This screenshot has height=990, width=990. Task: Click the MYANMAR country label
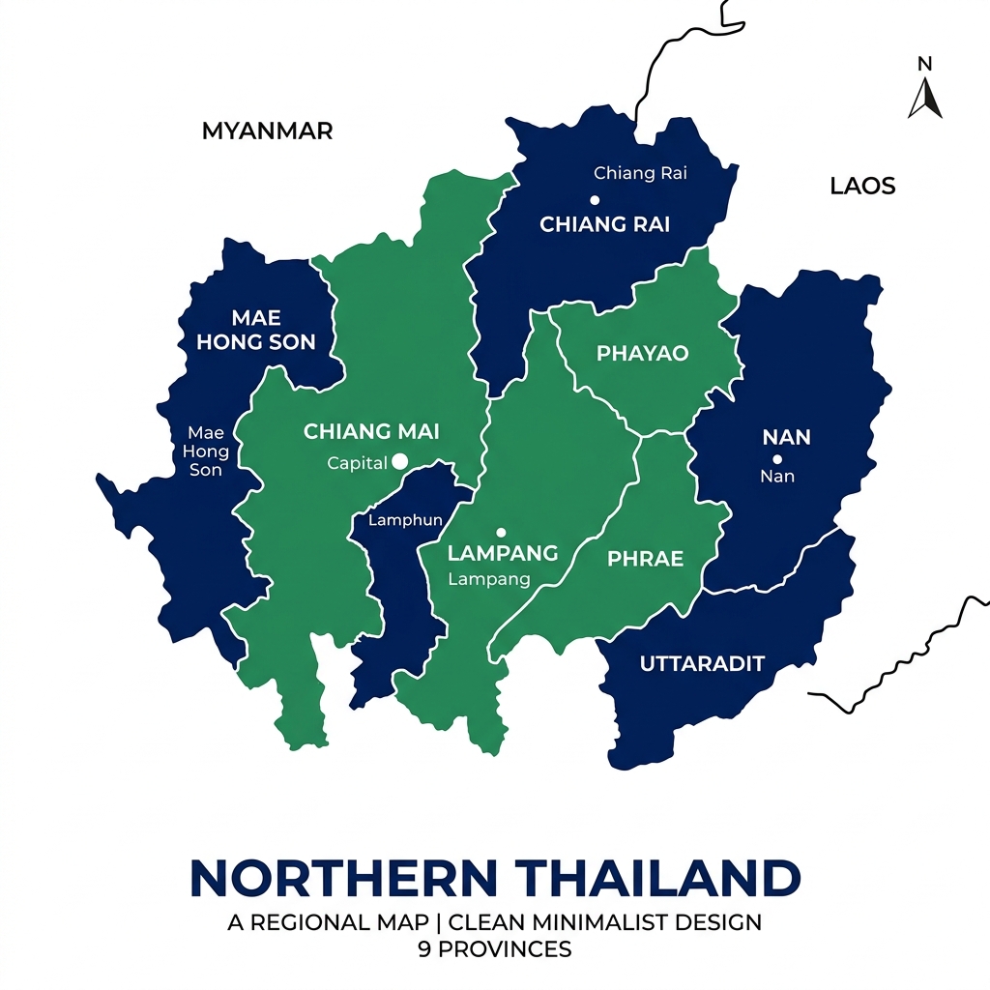pos(267,131)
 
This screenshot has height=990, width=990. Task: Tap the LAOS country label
pos(862,186)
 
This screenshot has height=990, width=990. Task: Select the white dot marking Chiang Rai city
pos(595,200)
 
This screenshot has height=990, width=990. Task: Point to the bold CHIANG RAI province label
pos(604,224)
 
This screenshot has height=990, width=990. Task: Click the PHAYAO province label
pos(642,353)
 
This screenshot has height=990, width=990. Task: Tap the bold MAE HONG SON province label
pos(256,330)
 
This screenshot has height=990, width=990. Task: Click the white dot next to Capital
pos(400,462)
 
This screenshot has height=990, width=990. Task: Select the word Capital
pos(357,463)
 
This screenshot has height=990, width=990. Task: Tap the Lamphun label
pos(405,520)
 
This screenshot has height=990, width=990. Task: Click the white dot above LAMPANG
pos(501,532)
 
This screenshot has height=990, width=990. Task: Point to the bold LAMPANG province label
pos(503,553)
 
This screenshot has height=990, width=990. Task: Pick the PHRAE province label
pos(645,559)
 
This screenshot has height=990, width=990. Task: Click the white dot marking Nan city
pos(776,459)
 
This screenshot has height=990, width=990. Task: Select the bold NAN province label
pos(786,437)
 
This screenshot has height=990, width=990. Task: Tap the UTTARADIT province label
pos(702,663)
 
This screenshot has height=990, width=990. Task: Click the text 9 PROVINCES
pos(494,948)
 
